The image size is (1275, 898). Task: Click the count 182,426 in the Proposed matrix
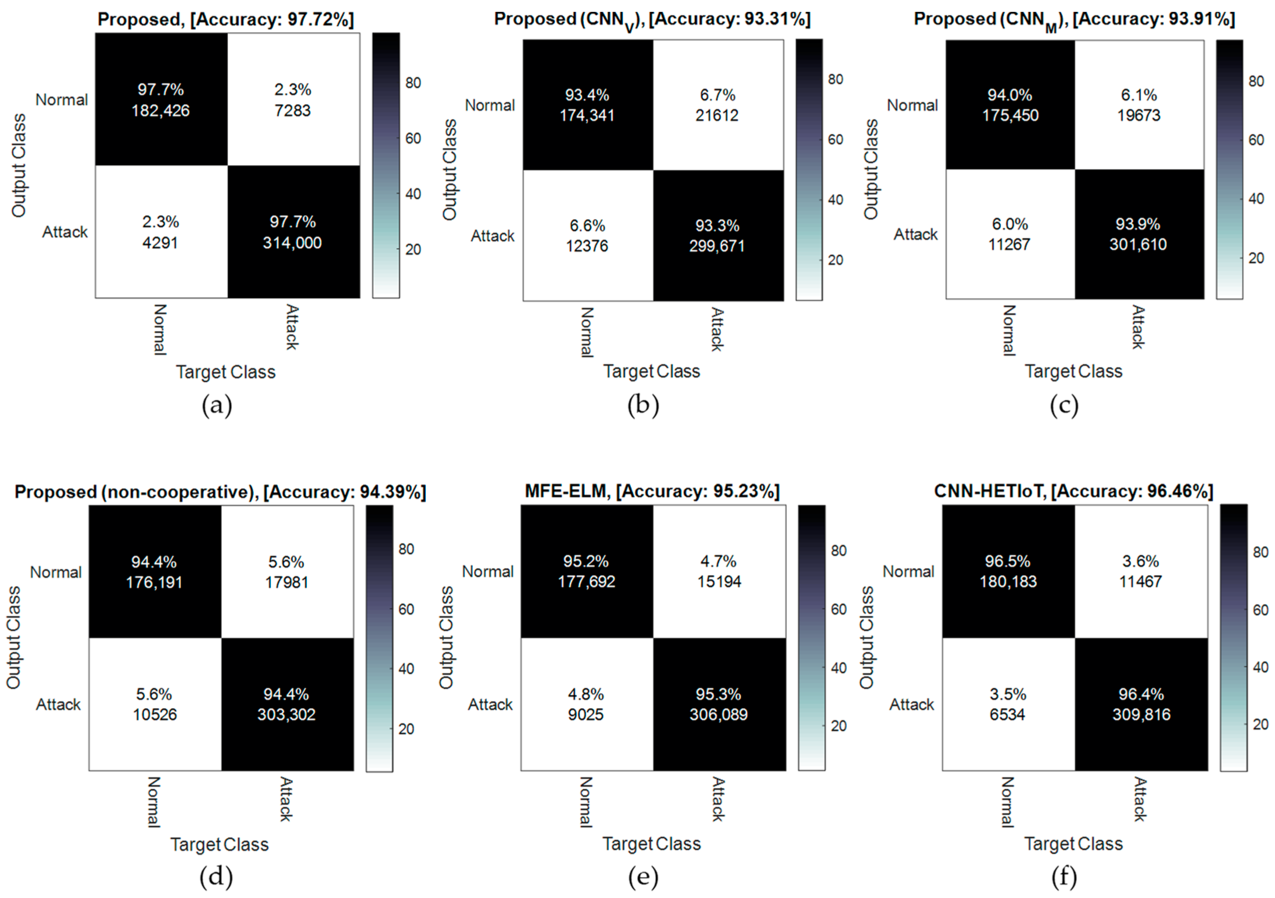click(160, 111)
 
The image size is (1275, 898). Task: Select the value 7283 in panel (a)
click(292, 111)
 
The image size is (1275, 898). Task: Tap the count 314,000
click(292, 243)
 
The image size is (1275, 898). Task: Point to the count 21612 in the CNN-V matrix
click(717, 115)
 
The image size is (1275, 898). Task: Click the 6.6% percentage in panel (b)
click(587, 225)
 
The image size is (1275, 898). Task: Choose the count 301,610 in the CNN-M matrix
click(1138, 244)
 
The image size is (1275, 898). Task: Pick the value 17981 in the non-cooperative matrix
click(287, 582)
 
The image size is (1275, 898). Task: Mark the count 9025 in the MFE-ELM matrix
click(586, 714)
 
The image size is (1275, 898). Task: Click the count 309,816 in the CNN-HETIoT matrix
click(1141, 714)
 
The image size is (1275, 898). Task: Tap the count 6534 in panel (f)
click(1007, 714)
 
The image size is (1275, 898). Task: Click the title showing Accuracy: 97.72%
click(225, 20)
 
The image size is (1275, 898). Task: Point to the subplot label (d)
click(216, 877)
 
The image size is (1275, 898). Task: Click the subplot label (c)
click(1064, 406)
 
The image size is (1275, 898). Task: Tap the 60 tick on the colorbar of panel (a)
click(413, 138)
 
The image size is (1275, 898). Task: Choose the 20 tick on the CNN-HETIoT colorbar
click(1261, 724)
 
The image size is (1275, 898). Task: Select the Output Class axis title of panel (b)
click(449, 169)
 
